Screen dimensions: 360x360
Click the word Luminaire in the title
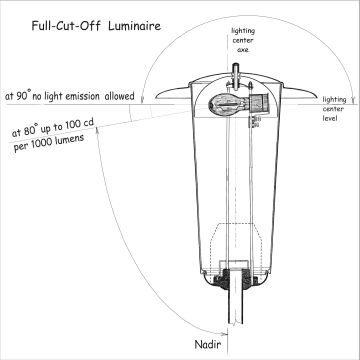click(x=134, y=26)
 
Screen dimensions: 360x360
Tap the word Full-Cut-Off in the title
click(x=66, y=26)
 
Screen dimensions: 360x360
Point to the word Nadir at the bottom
click(x=207, y=344)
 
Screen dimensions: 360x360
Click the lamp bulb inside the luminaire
click(x=227, y=103)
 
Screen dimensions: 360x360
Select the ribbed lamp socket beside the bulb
click(x=257, y=103)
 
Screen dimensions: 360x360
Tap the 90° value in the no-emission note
click(x=23, y=97)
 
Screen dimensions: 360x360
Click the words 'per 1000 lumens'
click(x=49, y=143)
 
